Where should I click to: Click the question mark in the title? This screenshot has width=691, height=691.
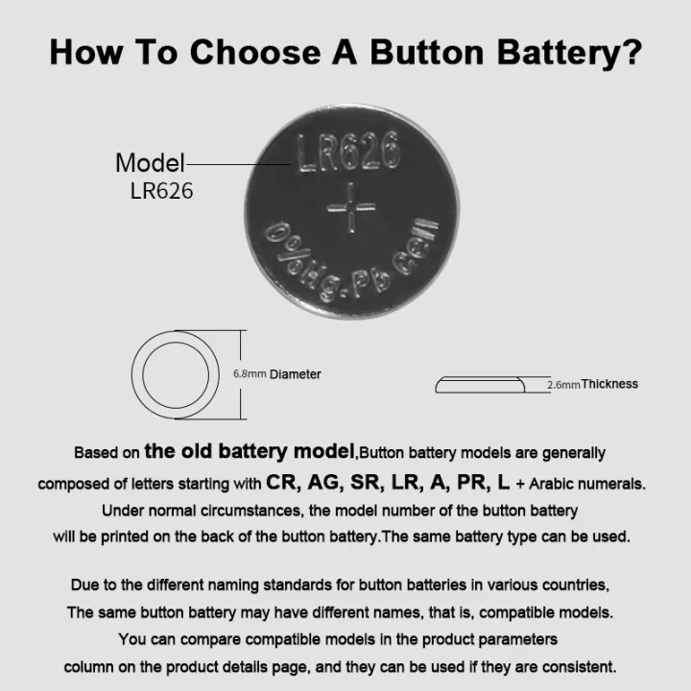[631, 52]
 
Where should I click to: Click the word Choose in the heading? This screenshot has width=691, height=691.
[255, 52]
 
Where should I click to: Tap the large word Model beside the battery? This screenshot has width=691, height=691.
[150, 162]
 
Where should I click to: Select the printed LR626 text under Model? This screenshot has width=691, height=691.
[162, 191]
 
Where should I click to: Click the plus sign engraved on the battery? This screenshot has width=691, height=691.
[351, 207]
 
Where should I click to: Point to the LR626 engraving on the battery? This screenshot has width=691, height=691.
[348, 152]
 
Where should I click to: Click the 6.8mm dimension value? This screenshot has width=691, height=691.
[250, 374]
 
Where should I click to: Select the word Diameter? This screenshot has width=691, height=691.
[296, 374]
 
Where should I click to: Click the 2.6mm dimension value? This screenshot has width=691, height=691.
[563, 385]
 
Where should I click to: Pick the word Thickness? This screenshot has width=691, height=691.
[609, 384]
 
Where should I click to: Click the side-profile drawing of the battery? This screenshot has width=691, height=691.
[480, 385]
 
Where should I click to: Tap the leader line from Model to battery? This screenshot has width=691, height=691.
[238, 164]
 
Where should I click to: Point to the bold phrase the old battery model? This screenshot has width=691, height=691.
[250, 451]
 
